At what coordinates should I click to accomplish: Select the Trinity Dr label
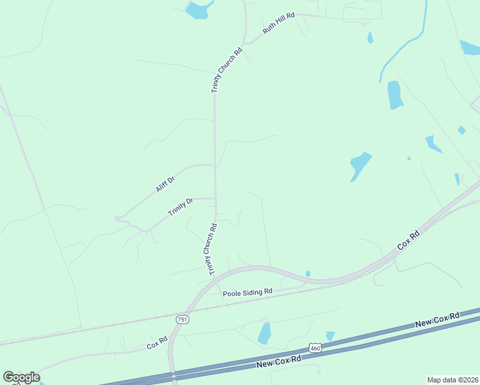click(x=180, y=207)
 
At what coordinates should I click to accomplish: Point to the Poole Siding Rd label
click(x=248, y=292)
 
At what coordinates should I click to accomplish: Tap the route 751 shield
click(x=183, y=320)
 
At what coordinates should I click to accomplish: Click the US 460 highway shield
click(x=314, y=348)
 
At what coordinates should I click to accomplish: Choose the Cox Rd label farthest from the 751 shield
click(x=408, y=241)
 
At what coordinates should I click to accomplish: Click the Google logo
click(x=21, y=377)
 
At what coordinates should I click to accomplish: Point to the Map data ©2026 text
click(x=452, y=379)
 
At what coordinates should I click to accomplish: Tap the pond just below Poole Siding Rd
click(x=264, y=334)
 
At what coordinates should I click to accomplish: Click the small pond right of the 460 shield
click(x=330, y=336)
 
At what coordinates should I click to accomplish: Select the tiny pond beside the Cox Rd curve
click(x=308, y=274)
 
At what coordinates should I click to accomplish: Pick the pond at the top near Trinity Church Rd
click(x=198, y=10)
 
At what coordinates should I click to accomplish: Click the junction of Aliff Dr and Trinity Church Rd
click(x=215, y=165)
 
